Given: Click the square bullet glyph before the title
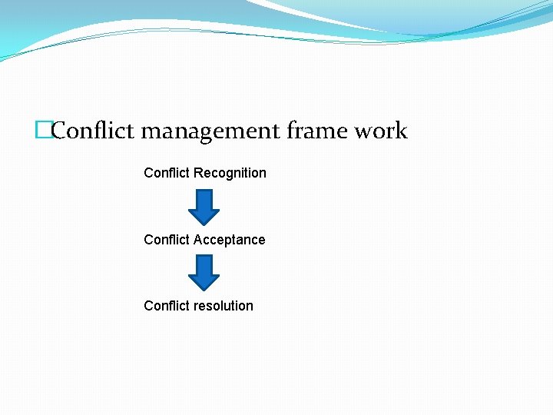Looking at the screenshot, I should pos(42,131).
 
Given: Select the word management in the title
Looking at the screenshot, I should pos(211,131).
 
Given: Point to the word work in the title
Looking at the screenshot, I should pos(380,131).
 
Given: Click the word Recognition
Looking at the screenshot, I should pos(230,173).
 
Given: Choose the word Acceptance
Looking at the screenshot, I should pos(230,240).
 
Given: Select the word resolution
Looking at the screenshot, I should pos(224,306).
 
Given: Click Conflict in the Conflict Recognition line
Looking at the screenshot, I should pos(167,173).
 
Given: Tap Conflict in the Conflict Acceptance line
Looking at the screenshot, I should pos(167,240).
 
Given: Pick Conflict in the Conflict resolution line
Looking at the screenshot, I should pos(167,306).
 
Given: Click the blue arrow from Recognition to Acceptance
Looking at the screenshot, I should pos(204,207).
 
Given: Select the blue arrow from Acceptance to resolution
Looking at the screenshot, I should pos(204,273).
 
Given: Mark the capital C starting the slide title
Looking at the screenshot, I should pos(60,131).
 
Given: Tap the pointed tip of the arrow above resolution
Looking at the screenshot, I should pos(204,290).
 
